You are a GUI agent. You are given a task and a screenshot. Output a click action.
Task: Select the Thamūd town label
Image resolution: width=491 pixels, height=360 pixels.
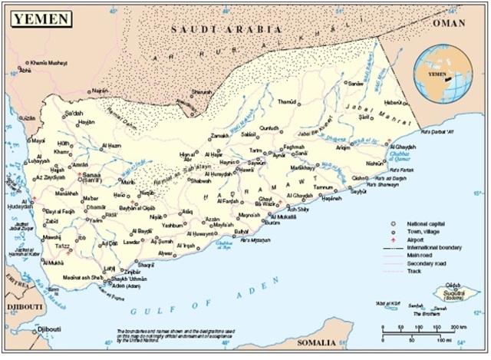(x=286, y=101)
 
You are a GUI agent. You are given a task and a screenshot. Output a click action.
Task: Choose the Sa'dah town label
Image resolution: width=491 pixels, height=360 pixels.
(x=74, y=113)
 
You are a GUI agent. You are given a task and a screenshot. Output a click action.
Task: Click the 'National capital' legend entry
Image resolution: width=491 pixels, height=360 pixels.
(x=426, y=224)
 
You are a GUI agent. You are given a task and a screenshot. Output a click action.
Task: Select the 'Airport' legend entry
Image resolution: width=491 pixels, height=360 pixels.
(x=418, y=240)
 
